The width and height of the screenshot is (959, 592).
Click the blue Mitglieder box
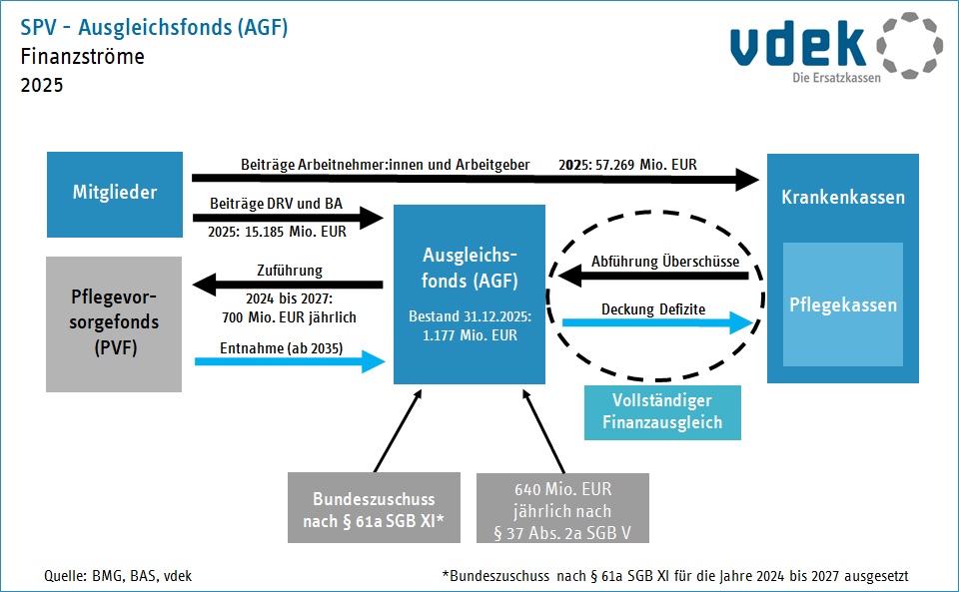click(115, 194)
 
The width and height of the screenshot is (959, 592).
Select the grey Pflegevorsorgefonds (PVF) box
click(115, 323)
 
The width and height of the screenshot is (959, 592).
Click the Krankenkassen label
click(842, 197)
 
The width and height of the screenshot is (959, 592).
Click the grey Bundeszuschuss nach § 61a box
click(374, 508)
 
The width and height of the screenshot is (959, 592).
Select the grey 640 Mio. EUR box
click(563, 508)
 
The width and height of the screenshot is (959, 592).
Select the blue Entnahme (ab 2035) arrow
click(289, 361)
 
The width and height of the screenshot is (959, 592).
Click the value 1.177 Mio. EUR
click(470, 335)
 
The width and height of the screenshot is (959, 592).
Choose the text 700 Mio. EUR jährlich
click(289, 317)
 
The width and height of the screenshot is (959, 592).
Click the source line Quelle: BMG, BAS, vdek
click(118, 575)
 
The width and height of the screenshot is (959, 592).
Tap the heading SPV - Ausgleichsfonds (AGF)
click(154, 28)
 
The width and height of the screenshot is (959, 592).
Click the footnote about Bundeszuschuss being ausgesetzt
click(674, 575)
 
